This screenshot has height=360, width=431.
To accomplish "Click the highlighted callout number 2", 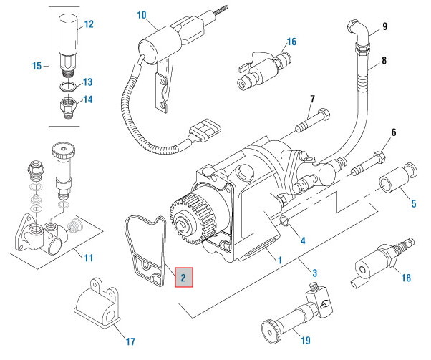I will [x=183, y=276].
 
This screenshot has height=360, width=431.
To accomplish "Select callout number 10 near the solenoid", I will [x=141, y=14].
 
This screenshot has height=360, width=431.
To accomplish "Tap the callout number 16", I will [x=291, y=42].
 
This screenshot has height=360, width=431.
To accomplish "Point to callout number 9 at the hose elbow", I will [x=384, y=27].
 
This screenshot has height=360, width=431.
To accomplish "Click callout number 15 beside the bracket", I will [x=37, y=67].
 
